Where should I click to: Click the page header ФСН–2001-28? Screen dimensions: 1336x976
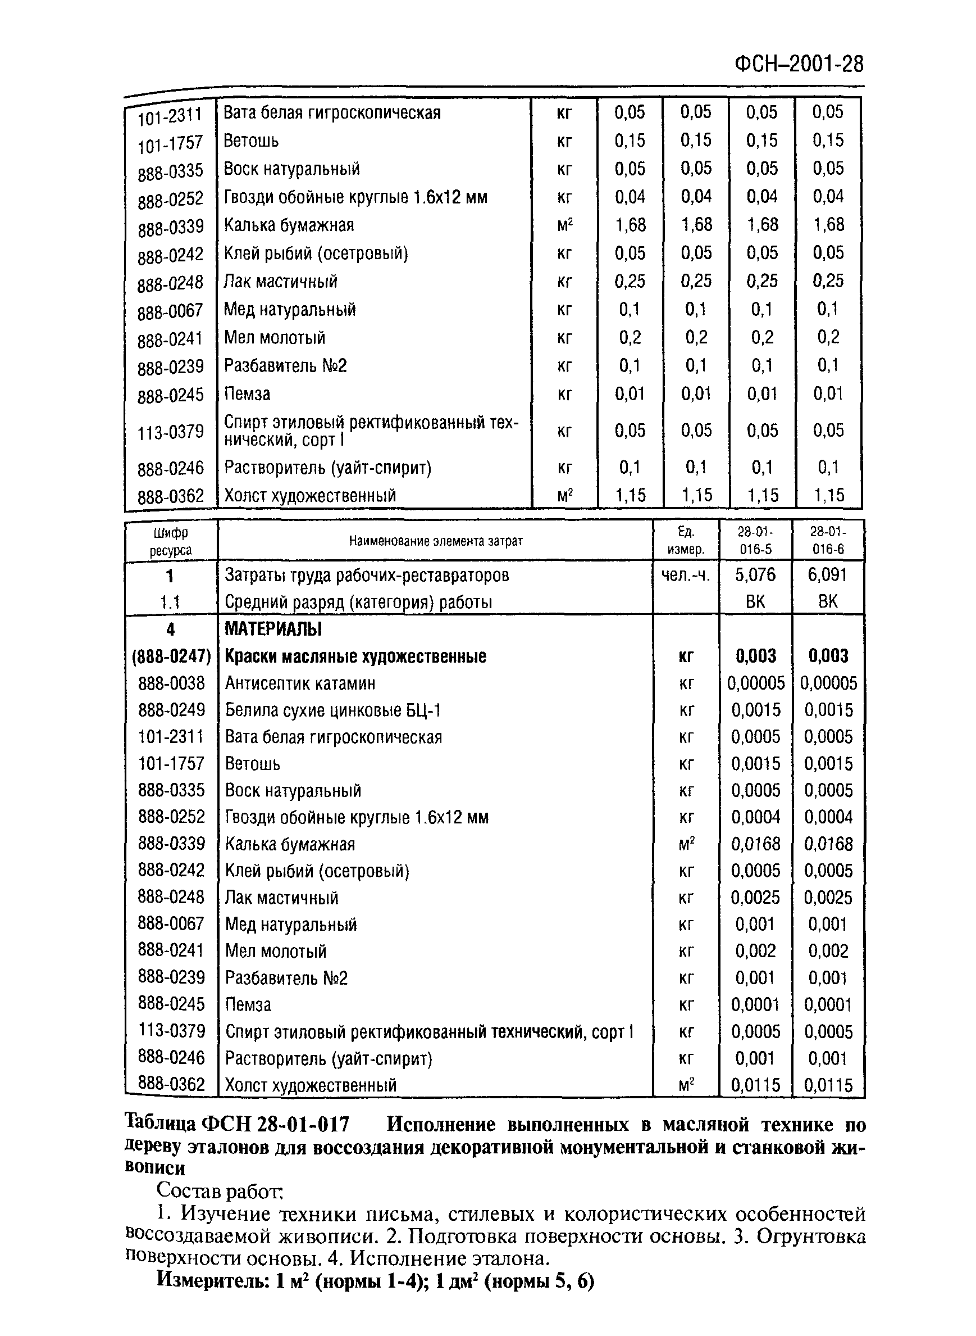(x=799, y=64)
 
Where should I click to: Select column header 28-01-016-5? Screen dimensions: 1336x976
(x=755, y=540)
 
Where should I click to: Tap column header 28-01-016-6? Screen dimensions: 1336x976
(x=828, y=540)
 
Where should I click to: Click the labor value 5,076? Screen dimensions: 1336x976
(x=755, y=574)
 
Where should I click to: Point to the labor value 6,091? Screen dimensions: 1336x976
(x=828, y=574)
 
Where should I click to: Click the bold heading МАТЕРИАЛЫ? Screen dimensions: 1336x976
(x=273, y=629)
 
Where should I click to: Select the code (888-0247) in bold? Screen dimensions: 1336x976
(x=171, y=656)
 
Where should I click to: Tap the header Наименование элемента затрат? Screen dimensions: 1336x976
(x=435, y=541)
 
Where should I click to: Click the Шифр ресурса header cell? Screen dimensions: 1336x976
(x=171, y=541)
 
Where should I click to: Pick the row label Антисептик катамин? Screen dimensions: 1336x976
(x=299, y=683)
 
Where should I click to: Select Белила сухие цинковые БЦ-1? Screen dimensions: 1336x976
(x=333, y=710)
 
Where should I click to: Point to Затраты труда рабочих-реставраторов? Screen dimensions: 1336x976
(x=367, y=575)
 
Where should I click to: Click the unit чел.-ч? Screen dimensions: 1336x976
(x=686, y=574)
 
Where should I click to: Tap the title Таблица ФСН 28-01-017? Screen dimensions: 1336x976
(x=238, y=1124)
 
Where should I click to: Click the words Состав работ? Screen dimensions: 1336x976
(x=220, y=1189)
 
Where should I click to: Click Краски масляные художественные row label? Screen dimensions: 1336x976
(x=355, y=656)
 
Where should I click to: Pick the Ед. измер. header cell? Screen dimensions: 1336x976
(x=686, y=540)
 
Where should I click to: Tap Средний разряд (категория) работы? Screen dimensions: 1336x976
(x=359, y=602)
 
